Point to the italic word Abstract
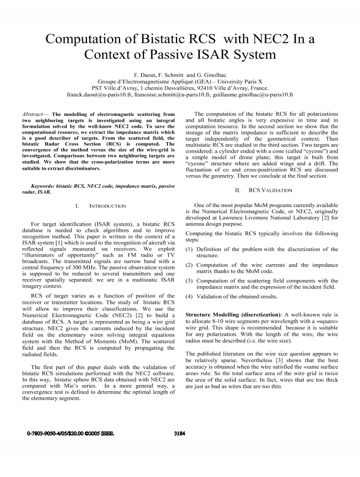tap(35, 115)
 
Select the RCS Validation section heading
tap(264, 190)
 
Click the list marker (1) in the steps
tap(189, 249)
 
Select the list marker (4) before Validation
tap(189, 296)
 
